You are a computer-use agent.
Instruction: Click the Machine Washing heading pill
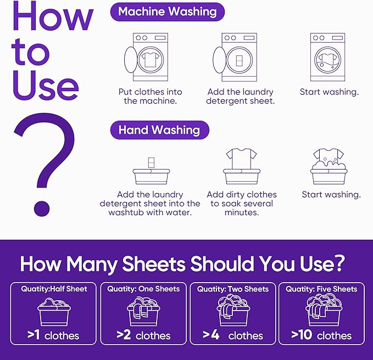click(167, 12)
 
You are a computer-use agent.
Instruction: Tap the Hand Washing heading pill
click(159, 130)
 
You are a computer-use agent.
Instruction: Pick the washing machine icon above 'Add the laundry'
click(235, 57)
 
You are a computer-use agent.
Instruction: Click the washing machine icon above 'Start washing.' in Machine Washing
click(328, 57)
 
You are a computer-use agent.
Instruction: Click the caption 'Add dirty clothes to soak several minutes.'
click(242, 203)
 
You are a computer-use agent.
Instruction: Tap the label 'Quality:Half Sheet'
click(54, 289)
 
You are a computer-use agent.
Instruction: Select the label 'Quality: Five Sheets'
click(322, 289)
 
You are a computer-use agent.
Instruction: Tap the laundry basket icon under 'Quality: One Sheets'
click(143, 312)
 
